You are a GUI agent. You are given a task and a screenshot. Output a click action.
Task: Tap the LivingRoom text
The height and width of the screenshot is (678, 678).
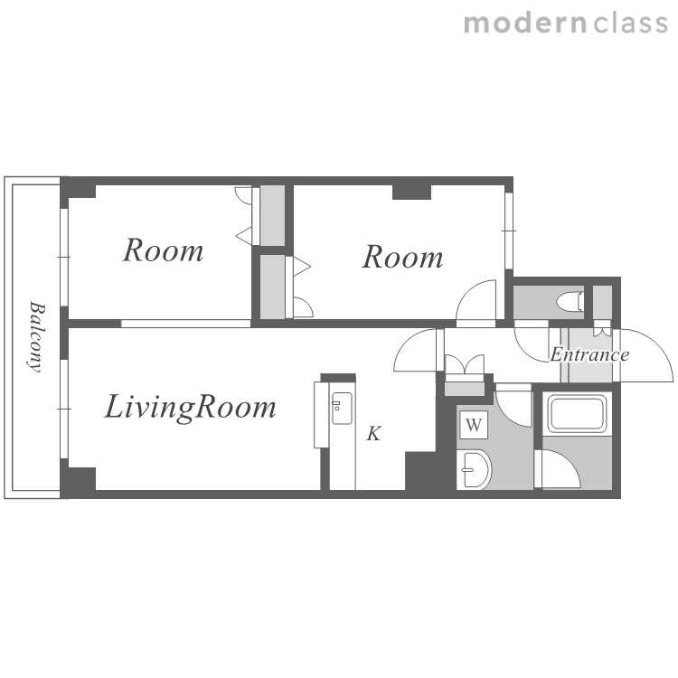(x=190, y=408)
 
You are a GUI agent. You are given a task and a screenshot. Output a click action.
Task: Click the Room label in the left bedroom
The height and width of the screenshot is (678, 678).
(x=163, y=250)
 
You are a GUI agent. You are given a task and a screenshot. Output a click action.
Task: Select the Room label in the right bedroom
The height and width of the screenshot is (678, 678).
(x=402, y=257)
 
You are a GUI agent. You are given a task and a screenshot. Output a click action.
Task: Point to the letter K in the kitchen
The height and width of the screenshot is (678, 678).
(x=374, y=433)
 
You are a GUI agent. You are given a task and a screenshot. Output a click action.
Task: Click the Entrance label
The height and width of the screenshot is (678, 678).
(x=589, y=354)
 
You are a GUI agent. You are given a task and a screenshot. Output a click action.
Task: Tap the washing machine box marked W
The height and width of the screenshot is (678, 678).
(x=474, y=425)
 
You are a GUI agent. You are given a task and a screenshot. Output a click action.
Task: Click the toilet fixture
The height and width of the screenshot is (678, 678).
(x=570, y=301)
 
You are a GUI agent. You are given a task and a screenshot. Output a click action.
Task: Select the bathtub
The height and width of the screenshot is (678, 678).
(x=577, y=413)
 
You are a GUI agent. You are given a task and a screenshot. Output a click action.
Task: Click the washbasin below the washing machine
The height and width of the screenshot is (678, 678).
(x=475, y=469)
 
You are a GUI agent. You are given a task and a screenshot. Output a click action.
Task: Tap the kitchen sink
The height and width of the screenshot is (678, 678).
(x=342, y=409)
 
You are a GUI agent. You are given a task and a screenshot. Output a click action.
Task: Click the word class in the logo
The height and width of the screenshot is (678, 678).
(x=630, y=23)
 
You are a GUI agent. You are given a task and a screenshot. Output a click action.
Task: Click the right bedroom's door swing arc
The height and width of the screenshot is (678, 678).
(x=466, y=294)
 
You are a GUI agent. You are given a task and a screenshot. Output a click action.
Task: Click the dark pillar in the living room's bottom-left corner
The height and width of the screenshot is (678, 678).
(x=79, y=478)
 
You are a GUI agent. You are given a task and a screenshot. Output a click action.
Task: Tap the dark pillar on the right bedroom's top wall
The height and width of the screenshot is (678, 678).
(x=411, y=192)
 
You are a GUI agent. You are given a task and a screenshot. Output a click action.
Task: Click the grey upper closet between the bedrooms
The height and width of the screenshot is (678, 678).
(x=272, y=215)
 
